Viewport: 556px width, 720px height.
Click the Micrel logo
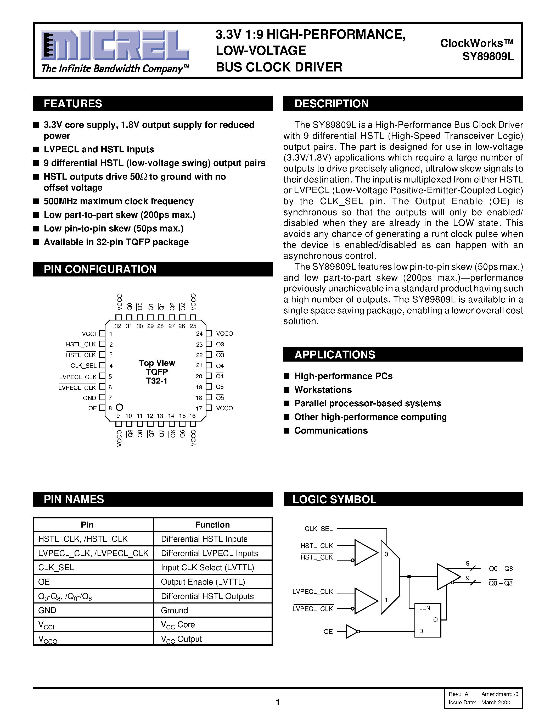tap(115, 45)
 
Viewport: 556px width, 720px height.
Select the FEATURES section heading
tap(73, 103)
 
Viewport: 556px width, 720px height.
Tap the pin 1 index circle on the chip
tap(119, 407)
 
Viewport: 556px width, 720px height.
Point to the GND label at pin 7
tap(89, 398)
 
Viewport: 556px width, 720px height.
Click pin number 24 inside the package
tap(199, 334)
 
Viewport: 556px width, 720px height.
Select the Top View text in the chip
tap(157, 363)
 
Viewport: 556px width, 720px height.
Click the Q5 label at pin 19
tap(220, 387)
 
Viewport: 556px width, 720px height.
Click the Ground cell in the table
tap(174, 610)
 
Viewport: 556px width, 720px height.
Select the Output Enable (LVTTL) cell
tap(203, 582)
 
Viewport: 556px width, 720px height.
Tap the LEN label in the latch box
tap(425, 608)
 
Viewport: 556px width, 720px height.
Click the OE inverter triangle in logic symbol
tap(351, 631)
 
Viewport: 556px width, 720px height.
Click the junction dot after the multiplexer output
tap(409, 577)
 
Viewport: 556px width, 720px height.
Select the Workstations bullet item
tap(323, 390)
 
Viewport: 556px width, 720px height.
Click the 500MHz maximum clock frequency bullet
tap(119, 201)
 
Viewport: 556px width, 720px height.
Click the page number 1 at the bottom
tap(278, 702)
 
